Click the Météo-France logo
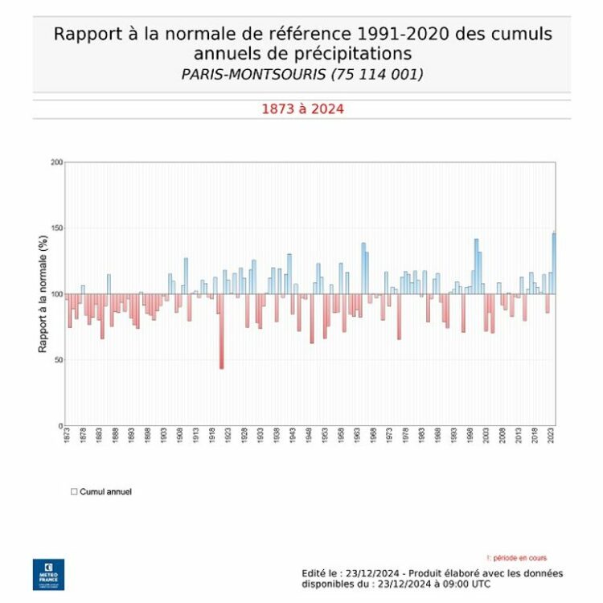pyautogui.click(x=43, y=574)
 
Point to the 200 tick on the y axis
pyautogui.click(x=56, y=162)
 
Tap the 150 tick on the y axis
pyautogui.click(x=56, y=228)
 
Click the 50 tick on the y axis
pyautogui.click(x=58, y=360)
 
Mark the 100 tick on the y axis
pyautogui.click(x=56, y=294)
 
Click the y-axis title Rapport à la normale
pyautogui.click(x=43, y=293)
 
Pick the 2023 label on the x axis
pyautogui.click(x=551, y=436)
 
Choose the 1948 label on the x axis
pyautogui.click(x=310, y=436)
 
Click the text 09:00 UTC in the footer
pyautogui.click(x=474, y=584)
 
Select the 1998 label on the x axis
pyautogui.click(x=470, y=436)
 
